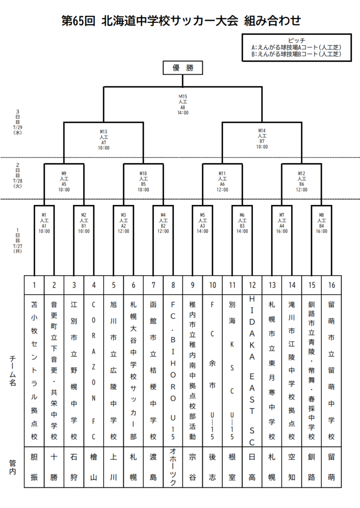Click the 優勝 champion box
pyautogui.click(x=183, y=67)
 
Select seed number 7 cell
pyautogui.click(x=153, y=285)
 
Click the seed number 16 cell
pyautogui.click(x=332, y=285)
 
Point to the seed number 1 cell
pyautogui.click(x=34, y=285)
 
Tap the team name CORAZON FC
pyautogui.click(x=94, y=371)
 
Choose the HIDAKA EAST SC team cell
pyautogui.click(x=252, y=371)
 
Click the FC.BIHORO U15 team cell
pyautogui.click(x=173, y=371)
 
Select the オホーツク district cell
pyautogui.click(x=173, y=467)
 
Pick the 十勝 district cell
pyautogui.click(x=54, y=467)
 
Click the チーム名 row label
pyautogui.click(x=12, y=370)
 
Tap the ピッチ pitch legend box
pyautogui.click(x=297, y=47)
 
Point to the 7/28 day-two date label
pyautogui.click(x=17, y=181)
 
